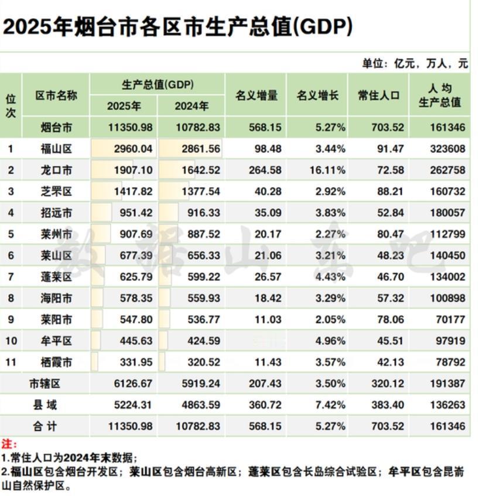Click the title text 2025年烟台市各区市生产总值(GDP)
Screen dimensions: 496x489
[178, 27]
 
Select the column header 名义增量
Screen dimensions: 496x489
[256, 96]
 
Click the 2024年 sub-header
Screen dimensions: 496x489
[192, 106]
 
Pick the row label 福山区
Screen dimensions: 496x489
[56, 149]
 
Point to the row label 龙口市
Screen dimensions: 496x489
[56, 171]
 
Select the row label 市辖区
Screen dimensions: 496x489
[45, 384]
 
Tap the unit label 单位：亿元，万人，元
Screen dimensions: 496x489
[415, 64]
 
